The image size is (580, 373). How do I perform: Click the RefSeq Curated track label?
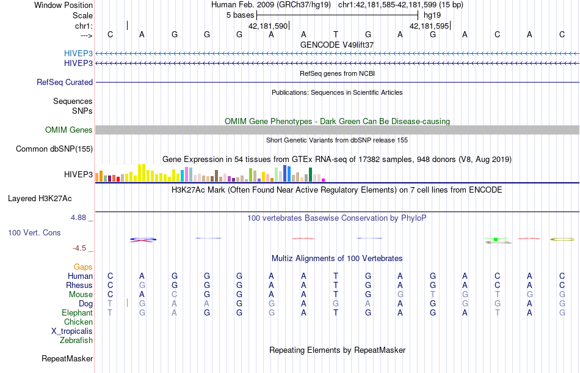65,82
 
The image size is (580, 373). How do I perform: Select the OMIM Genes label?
69,130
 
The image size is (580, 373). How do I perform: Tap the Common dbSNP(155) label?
54,149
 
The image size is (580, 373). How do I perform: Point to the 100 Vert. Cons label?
34,233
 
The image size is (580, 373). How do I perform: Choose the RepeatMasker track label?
67,358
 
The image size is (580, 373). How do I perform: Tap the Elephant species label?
77,312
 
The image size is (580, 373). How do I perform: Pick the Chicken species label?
79,322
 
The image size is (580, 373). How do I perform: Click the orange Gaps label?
83,267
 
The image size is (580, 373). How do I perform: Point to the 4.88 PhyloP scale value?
79,217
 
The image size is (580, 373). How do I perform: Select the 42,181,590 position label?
267,26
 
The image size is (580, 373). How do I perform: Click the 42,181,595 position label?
429,26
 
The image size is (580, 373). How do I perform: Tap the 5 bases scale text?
240,15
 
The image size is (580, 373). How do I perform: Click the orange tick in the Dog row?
127,303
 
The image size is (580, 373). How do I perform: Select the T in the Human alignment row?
336,276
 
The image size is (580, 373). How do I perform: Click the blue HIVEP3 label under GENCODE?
78,53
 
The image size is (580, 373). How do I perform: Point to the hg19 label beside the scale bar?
432,15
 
